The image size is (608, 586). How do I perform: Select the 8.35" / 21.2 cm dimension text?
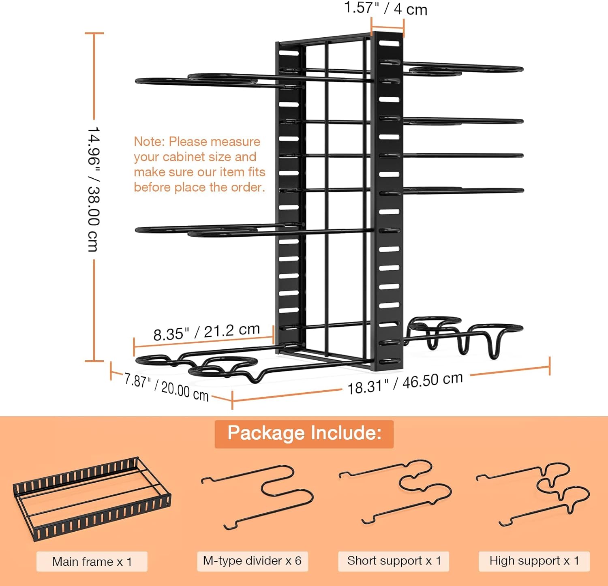(206, 332)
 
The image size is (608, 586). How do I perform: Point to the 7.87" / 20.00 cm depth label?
(166, 387)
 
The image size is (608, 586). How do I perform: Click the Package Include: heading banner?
(304, 434)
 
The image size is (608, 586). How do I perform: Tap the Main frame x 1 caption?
(92, 562)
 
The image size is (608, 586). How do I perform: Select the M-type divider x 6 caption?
(252, 561)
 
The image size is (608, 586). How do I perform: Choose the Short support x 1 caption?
(394, 561)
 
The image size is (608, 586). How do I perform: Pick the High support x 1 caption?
(534, 561)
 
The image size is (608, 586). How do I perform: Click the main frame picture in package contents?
(92, 499)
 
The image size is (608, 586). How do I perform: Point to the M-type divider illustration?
(258, 497)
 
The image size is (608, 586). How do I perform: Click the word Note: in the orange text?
(150, 142)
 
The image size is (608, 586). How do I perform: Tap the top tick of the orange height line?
(94, 33)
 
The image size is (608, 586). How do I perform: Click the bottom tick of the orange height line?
(94, 361)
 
